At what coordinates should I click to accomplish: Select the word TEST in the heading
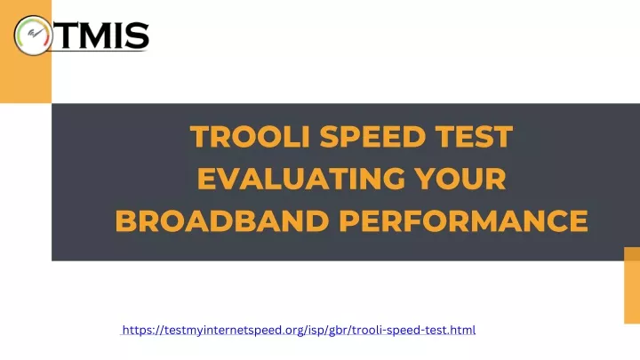click(474, 136)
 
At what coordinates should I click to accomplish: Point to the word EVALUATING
click(301, 179)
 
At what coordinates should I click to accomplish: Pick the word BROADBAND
click(222, 220)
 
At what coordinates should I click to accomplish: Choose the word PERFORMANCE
click(463, 220)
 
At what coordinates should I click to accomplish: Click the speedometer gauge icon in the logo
click(33, 36)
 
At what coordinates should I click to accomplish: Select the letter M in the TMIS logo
click(97, 35)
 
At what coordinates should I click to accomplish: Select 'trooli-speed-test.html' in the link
click(413, 330)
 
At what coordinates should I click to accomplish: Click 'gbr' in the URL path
click(337, 330)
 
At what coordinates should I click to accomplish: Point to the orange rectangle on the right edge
click(632, 285)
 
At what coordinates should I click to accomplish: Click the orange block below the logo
click(26, 77)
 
